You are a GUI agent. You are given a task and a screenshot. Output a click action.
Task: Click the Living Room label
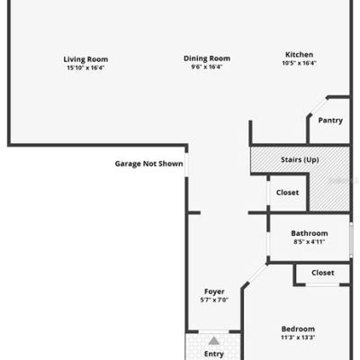(85, 59)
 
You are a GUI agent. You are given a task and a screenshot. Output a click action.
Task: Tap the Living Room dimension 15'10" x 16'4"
(85, 67)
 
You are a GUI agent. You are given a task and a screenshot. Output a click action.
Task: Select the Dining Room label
(207, 58)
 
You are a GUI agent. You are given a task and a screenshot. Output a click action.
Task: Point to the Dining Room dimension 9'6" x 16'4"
(207, 67)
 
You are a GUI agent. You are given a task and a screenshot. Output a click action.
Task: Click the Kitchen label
(299, 55)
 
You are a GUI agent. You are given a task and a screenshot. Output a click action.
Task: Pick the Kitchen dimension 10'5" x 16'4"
(299, 63)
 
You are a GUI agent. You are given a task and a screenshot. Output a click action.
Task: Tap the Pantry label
(330, 121)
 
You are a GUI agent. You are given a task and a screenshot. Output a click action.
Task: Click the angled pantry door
(318, 106)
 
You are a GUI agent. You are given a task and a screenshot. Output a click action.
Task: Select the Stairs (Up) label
(300, 159)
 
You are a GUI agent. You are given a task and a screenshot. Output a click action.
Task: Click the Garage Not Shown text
(148, 164)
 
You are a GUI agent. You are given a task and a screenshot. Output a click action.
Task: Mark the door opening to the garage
(186, 165)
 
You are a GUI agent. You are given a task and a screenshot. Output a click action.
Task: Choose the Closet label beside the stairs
(287, 193)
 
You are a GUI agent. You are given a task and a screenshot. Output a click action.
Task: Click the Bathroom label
(310, 233)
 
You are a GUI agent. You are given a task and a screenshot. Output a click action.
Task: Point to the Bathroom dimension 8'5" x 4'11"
(310, 242)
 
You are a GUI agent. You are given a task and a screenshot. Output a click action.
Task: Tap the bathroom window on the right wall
(351, 239)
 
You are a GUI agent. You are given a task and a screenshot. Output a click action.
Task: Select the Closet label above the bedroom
(323, 273)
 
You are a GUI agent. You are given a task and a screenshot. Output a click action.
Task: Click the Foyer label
(214, 292)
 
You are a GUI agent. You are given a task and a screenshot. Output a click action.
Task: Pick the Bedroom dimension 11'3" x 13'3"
(298, 337)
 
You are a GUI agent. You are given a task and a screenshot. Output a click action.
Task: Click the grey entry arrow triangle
(214, 341)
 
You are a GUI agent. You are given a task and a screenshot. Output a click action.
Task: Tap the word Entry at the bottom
(214, 355)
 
